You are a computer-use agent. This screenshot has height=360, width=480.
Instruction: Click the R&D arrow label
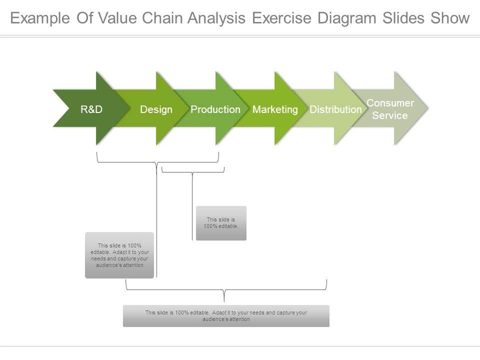tap(91, 109)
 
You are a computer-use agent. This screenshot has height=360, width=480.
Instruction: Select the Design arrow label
tap(156, 109)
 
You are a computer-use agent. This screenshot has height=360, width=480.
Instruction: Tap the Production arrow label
tap(215, 109)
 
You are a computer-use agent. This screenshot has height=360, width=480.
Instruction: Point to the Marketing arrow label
tap(275, 109)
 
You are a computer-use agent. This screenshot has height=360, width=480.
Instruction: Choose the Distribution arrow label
tap(335, 109)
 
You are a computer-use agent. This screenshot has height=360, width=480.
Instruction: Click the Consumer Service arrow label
tap(390, 109)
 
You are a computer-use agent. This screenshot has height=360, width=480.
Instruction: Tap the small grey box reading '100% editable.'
tap(221, 223)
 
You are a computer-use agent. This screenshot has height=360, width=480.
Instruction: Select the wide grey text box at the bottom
tap(226, 315)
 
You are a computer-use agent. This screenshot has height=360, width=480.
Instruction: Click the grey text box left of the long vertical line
tap(119, 255)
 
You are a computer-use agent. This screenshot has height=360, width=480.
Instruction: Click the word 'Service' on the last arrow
tap(390, 115)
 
